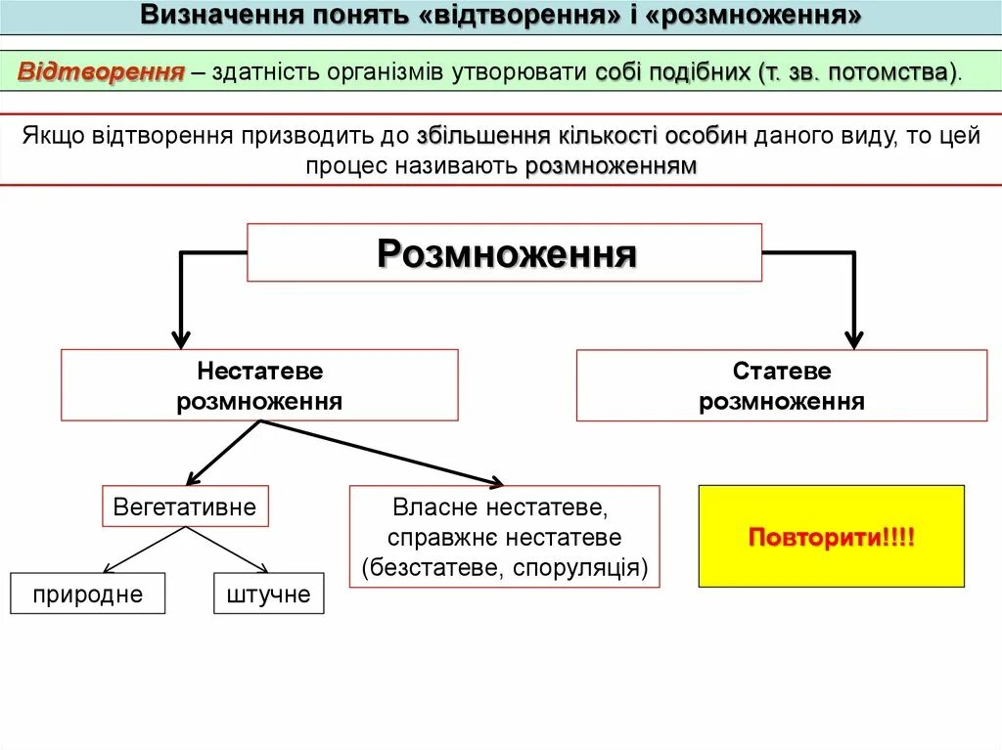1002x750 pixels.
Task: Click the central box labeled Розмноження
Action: [504, 253]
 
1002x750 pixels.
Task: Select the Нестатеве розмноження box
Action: [259, 385]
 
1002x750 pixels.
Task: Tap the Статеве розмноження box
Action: [781, 385]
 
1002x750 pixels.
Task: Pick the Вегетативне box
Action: [185, 507]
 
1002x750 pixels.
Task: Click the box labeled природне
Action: [87, 594]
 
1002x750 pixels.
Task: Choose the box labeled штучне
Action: [268, 594]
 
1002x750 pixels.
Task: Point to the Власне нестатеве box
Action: [504, 537]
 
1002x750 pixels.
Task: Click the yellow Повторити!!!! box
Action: [831, 537]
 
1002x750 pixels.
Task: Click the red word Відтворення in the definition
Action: [102, 73]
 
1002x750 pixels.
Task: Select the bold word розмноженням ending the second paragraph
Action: [611, 166]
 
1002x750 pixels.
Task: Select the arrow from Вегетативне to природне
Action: [142, 550]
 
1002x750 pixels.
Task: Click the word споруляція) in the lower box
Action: [588, 567]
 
